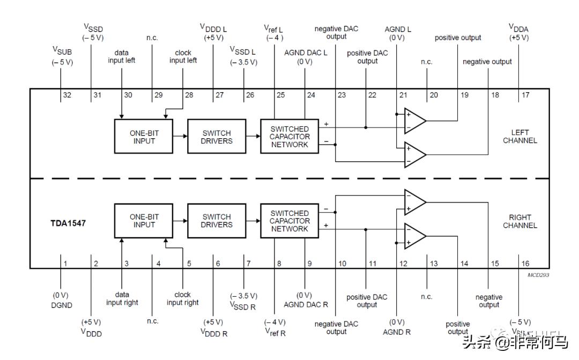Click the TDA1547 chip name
[x=64, y=221]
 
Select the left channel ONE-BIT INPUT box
[x=144, y=137]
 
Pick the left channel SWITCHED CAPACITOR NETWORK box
[x=289, y=137]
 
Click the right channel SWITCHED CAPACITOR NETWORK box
[x=289, y=221]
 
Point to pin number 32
[x=67, y=95]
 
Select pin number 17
[x=525, y=95]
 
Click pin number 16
[x=525, y=264]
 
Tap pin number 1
[x=65, y=264]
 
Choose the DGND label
[x=62, y=305]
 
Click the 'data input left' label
[x=122, y=57]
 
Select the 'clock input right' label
[x=182, y=298]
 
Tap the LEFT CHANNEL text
[x=519, y=137]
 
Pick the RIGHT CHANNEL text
[x=519, y=221]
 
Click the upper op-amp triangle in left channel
[x=414, y=121]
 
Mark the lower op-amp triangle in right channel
[x=414, y=236]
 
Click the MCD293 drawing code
[x=538, y=275]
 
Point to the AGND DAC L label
[x=305, y=52]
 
